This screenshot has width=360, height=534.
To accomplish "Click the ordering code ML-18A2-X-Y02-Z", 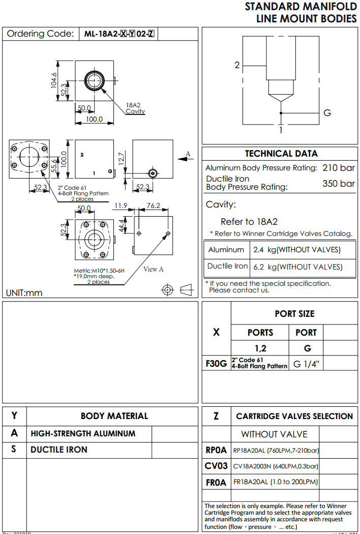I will point(119,35).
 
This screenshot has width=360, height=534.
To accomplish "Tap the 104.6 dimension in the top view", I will point(54,80).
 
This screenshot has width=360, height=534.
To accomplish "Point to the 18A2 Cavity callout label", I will point(135,108).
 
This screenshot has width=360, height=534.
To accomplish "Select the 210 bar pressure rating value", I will point(339,168).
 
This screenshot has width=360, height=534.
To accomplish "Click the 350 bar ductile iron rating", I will point(339,184).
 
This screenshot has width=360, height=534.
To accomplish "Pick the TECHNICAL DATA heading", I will point(281,154).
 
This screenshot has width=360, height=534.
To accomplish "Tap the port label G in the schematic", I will point(327,113).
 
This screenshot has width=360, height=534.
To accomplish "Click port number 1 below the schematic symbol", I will point(280,130).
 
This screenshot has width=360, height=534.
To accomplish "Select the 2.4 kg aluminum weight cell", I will point(296,250).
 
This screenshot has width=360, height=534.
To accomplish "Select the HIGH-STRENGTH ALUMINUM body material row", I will point(83,434).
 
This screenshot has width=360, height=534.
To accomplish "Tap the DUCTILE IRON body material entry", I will point(59,450).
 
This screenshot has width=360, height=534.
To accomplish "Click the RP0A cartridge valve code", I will point(216,450).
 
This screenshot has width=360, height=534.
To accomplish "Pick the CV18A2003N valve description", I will point(276,466).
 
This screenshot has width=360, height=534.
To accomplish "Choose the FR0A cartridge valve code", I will point(216,482).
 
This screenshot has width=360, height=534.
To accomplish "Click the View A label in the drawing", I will point(154,269).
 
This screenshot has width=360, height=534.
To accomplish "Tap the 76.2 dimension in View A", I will point(154,206).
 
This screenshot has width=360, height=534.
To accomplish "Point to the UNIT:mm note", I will point(24,292).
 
